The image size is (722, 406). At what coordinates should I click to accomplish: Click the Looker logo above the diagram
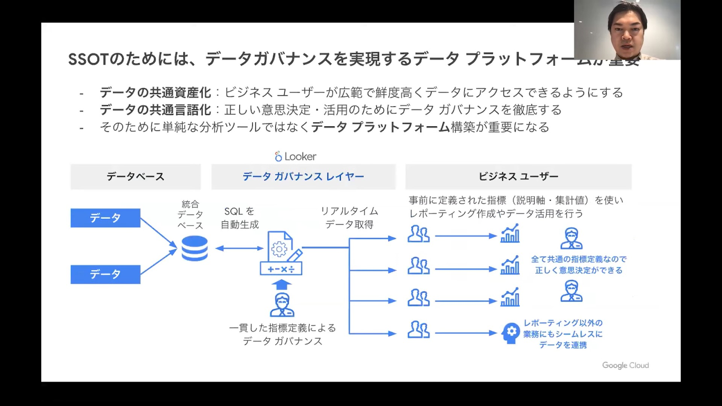click(296, 157)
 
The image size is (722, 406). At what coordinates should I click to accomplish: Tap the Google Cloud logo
click(625, 365)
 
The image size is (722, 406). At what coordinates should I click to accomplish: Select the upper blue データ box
click(105, 218)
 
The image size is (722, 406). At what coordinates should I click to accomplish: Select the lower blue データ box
click(105, 274)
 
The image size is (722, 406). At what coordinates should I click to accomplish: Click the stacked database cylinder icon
click(194, 248)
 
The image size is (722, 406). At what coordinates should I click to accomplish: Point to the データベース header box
click(135, 176)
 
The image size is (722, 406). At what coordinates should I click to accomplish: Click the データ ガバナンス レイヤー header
click(303, 176)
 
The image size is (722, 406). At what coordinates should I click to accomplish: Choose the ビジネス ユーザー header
click(518, 176)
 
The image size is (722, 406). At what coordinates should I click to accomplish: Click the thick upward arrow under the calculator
click(282, 284)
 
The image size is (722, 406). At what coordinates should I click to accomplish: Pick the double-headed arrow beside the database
click(239, 248)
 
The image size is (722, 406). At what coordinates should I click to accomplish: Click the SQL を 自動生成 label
click(240, 218)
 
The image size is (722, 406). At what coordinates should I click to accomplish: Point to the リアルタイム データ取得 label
click(349, 218)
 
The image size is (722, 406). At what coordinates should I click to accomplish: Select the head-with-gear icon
click(511, 333)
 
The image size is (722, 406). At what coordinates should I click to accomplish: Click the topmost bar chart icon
click(510, 234)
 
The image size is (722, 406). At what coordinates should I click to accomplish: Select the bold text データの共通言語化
click(155, 110)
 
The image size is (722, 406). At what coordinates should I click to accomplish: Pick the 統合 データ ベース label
click(190, 215)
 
